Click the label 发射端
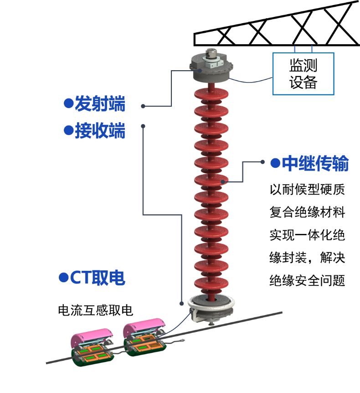[x=100, y=104]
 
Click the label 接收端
[x=100, y=131]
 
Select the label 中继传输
[x=315, y=164]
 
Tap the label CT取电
[x=97, y=278]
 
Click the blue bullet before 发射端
[x=68, y=103]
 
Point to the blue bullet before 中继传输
[x=275, y=163]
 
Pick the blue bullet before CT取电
[x=63, y=277]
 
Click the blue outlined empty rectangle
[x=303, y=73]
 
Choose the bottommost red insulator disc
[x=211, y=284]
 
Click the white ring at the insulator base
[x=211, y=303]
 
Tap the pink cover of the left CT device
[x=91, y=336]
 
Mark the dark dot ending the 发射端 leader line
[x=143, y=106]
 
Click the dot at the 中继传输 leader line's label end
[x=262, y=162]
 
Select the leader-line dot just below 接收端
[x=143, y=125]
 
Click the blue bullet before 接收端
[x=68, y=130]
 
